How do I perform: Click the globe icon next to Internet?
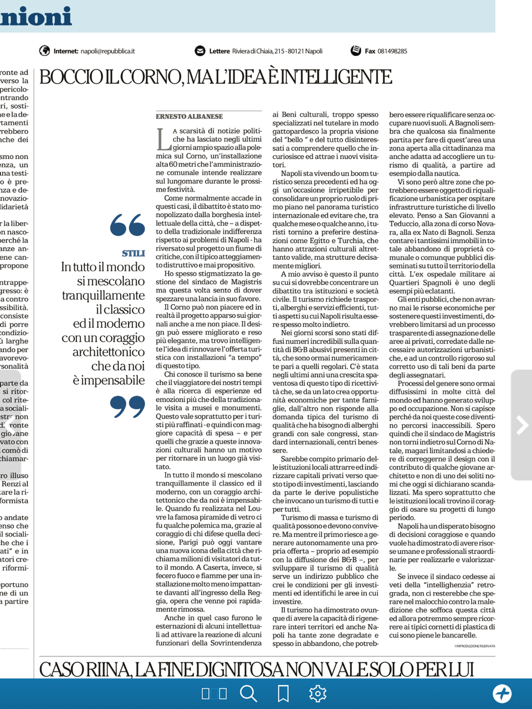[x=45, y=51]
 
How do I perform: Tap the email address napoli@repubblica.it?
[x=108, y=51]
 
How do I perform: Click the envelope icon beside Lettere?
[x=200, y=51]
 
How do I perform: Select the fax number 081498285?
[x=392, y=51]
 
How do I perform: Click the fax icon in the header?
[x=356, y=51]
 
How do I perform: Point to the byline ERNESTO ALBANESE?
[x=190, y=116]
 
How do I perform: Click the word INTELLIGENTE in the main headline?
[x=338, y=77]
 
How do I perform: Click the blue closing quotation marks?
[x=127, y=407]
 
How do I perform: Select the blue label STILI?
[x=133, y=254]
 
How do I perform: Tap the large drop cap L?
[x=163, y=139]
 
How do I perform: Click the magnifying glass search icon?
[x=248, y=693]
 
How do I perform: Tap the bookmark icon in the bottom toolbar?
[x=283, y=693]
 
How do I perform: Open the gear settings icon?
[x=318, y=693]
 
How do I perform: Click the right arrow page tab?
[x=521, y=425]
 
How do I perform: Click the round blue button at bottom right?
[x=502, y=693]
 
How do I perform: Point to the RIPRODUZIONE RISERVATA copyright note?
[x=474, y=646]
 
